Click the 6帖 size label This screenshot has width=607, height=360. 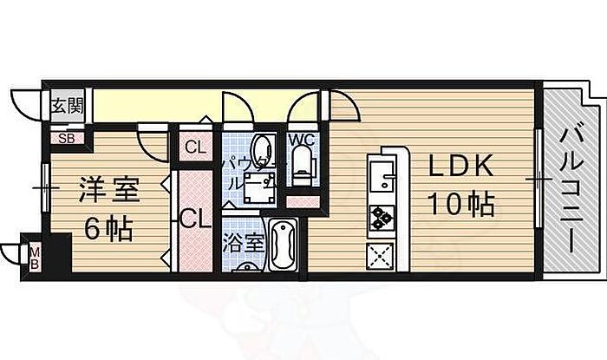[108, 229]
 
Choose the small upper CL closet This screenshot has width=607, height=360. [195, 146]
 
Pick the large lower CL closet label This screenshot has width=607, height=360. [195, 219]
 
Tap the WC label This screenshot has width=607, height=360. [301, 139]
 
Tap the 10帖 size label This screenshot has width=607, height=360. [460, 205]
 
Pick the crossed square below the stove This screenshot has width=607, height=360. [382, 256]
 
